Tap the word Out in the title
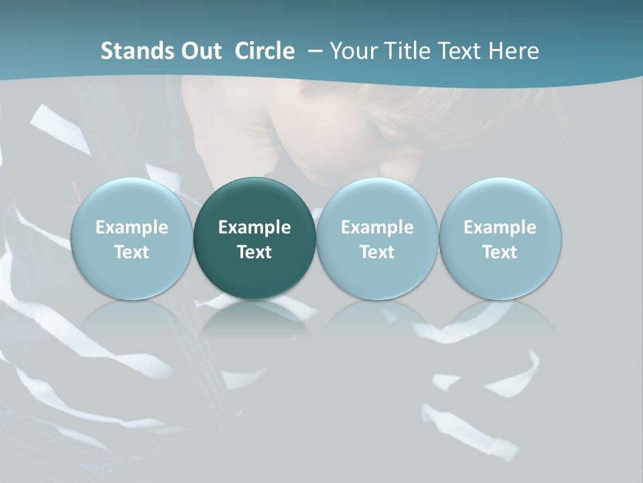point(200,51)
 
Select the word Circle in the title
point(265,51)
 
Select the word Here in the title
point(514,51)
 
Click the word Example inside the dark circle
point(255,227)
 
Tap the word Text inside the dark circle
point(255,252)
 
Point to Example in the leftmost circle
point(131,227)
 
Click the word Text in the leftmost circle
point(131,252)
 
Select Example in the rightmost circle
point(500,227)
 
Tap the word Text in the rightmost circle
point(500,252)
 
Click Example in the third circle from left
point(377,227)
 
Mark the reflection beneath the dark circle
point(255,319)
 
